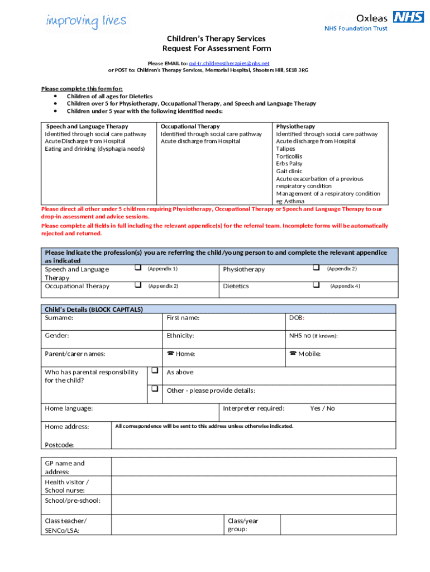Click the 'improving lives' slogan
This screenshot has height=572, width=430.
pos(86,22)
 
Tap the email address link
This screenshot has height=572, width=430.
pos(229,64)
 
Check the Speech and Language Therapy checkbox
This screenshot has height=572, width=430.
pos(137,268)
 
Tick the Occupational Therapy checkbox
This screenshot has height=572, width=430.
pos(137,285)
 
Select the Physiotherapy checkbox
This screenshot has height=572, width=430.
pos(316,268)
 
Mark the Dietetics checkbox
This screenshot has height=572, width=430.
pos(316,285)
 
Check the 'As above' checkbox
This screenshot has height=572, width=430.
pos(155,370)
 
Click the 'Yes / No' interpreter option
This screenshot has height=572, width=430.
pos(322,408)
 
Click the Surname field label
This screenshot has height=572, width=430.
pos(59,318)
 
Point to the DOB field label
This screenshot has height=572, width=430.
pos(296,318)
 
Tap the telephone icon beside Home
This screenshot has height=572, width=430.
pos(170,354)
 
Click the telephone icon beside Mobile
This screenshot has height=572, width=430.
pos(292,354)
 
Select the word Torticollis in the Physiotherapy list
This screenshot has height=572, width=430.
pos(289,156)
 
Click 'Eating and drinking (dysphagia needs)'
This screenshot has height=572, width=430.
pos(94,149)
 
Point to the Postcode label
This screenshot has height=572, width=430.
pos(59,445)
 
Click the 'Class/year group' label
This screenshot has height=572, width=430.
pos(243,525)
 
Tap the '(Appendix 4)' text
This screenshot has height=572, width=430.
pos(345,286)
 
